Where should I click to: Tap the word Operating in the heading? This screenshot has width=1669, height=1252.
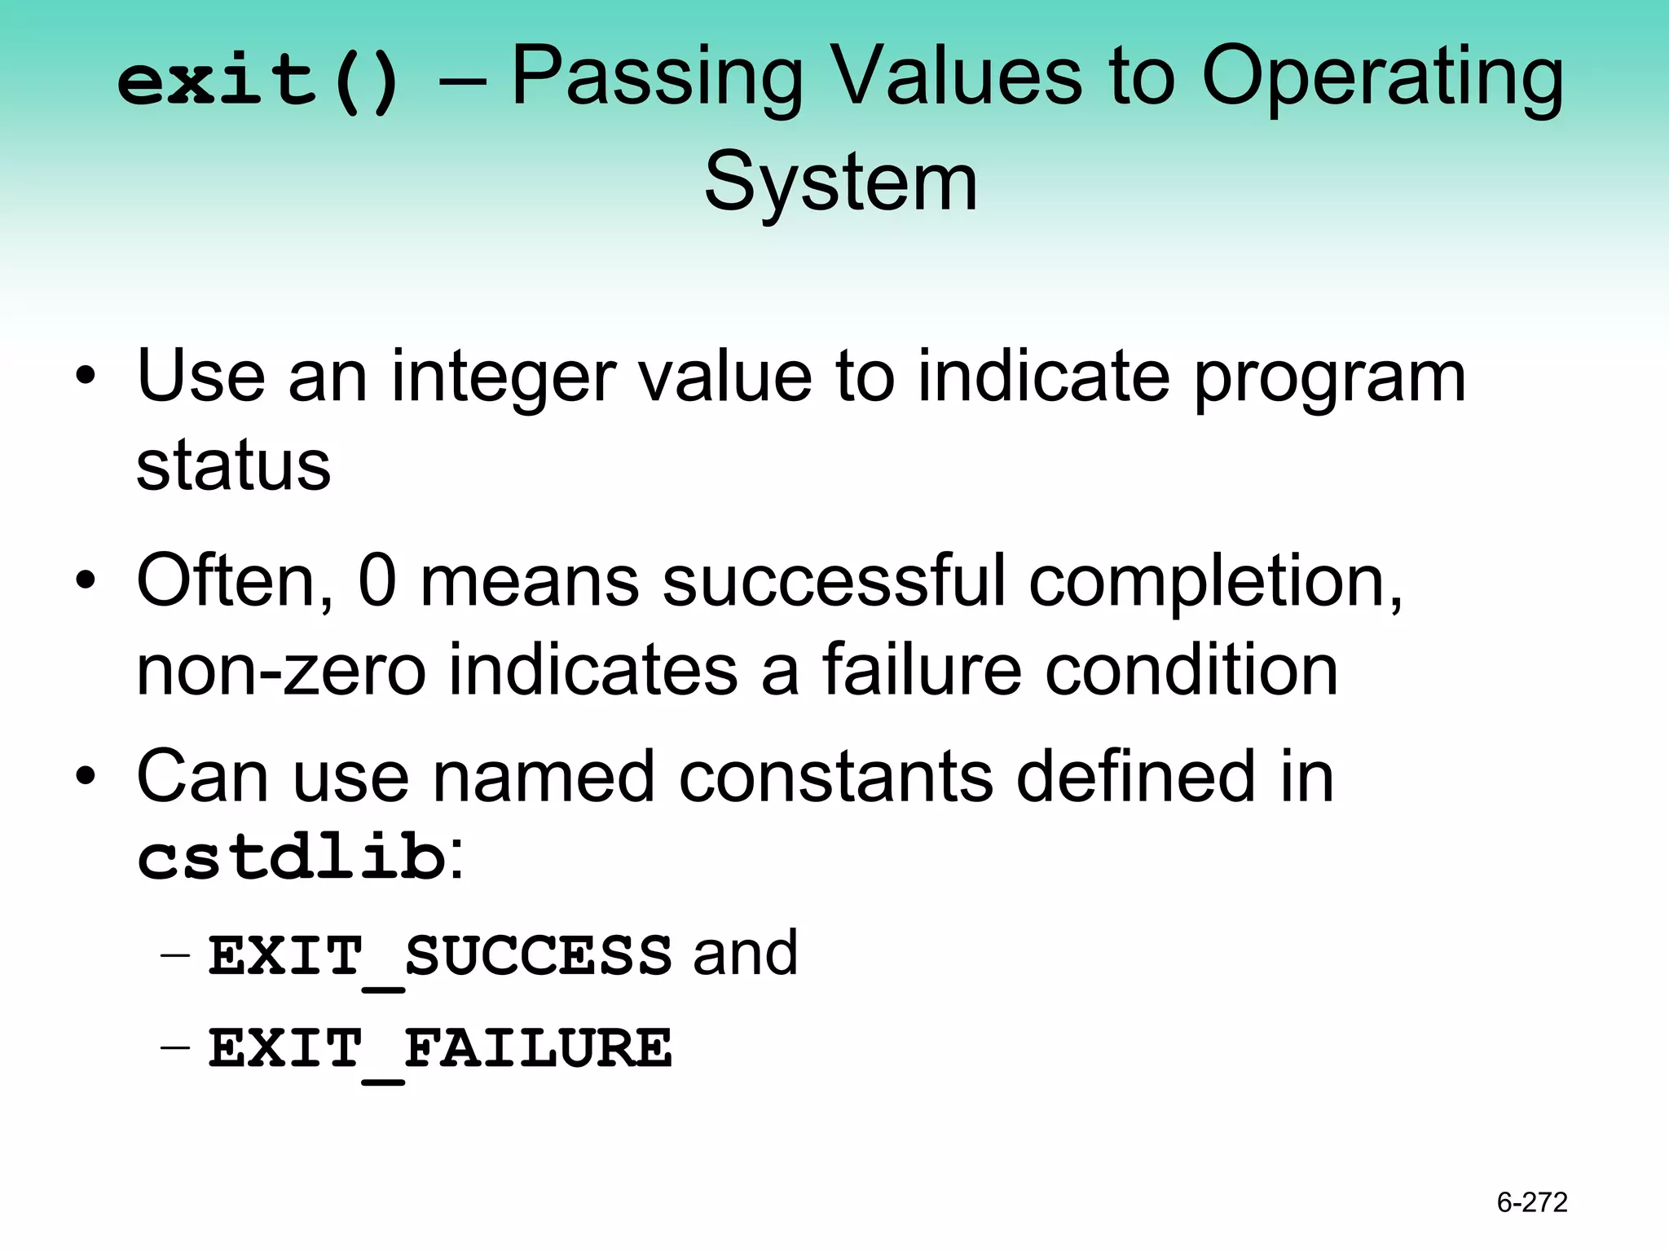point(1382,80)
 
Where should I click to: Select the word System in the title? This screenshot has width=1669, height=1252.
point(840,183)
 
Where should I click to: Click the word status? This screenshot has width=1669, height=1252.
point(233,466)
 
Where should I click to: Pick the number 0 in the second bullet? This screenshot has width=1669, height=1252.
point(377,580)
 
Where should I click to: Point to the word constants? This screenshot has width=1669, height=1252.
point(835,777)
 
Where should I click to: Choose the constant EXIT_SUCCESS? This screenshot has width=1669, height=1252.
point(440,955)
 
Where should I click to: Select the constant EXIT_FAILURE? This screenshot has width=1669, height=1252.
point(440,1048)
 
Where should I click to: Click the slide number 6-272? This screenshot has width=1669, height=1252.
point(1531,1202)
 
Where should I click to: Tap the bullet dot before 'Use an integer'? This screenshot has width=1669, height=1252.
point(86,377)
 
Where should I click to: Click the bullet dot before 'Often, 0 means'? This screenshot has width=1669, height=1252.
point(86,582)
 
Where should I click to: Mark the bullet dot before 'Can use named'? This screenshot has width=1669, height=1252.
point(86,778)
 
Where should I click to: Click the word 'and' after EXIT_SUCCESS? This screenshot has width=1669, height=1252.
point(745,954)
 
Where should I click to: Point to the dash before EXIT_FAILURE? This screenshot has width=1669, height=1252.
point(175,1047)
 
